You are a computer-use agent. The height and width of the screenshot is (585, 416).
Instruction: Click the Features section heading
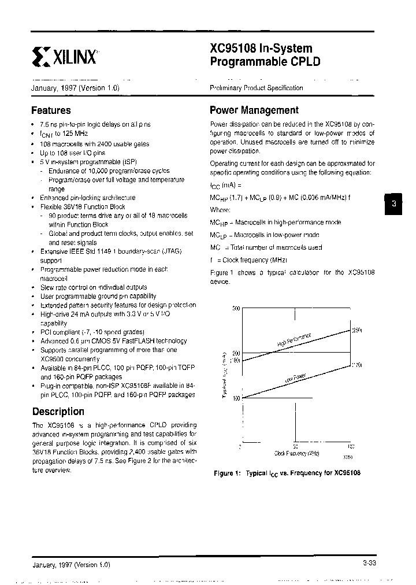point(51,110)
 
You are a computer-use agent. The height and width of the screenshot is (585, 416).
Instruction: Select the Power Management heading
point(254,110)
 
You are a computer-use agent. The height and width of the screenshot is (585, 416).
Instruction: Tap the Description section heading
point(58,412)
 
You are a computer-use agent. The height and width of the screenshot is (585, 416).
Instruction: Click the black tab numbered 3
point(393,203)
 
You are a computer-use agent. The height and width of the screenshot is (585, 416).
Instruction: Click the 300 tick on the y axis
point(235,309)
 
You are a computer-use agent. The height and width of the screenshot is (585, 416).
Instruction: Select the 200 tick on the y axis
point(235,353)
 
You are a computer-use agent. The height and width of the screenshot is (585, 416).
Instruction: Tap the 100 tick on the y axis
point(235,398)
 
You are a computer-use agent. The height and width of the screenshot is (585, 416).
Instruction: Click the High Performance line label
point(294,339)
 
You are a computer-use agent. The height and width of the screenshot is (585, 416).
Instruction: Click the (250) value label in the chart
point(357,330)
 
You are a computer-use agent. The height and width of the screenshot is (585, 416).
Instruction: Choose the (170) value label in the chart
point(357,365)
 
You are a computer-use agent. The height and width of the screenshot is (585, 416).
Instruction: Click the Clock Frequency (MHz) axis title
point(297,454)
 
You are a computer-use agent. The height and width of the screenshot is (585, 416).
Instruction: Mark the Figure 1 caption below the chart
point(287,473)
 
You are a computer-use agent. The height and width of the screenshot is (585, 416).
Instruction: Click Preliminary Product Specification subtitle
point(256,88)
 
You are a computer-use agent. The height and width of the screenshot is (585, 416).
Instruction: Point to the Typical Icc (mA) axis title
point(224,376)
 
